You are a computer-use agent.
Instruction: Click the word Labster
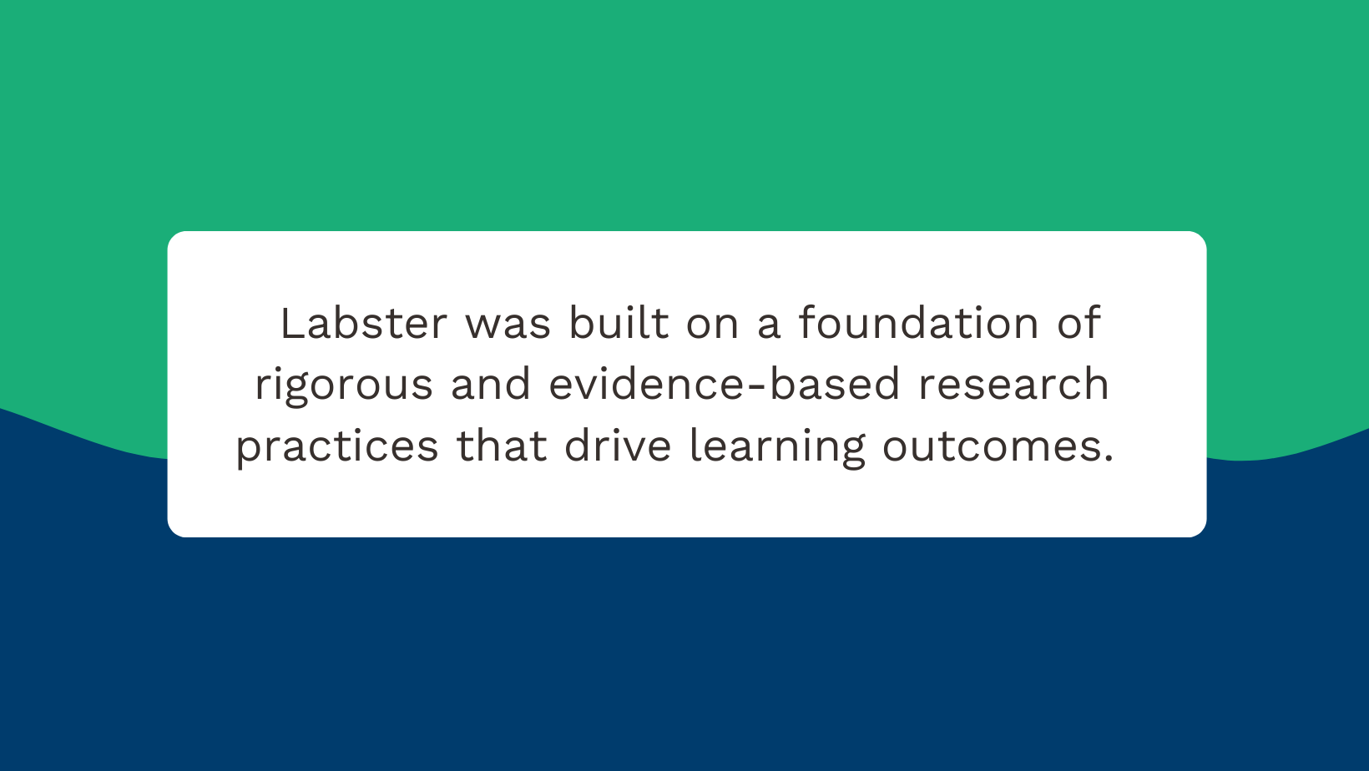pos(364,324)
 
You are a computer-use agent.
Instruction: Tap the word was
pos(508,324)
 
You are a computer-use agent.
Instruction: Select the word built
pos(619,324)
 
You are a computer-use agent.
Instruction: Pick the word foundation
pos(918,324)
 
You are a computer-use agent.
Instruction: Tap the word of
pos(1079,324)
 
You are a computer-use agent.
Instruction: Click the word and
pos(491,385)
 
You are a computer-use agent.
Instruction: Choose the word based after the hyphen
pos(834,385)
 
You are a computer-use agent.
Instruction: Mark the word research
pos(1013,385)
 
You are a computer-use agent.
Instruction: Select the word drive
pos(618,446)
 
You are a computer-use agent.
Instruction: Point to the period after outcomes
pos(1109,460)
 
